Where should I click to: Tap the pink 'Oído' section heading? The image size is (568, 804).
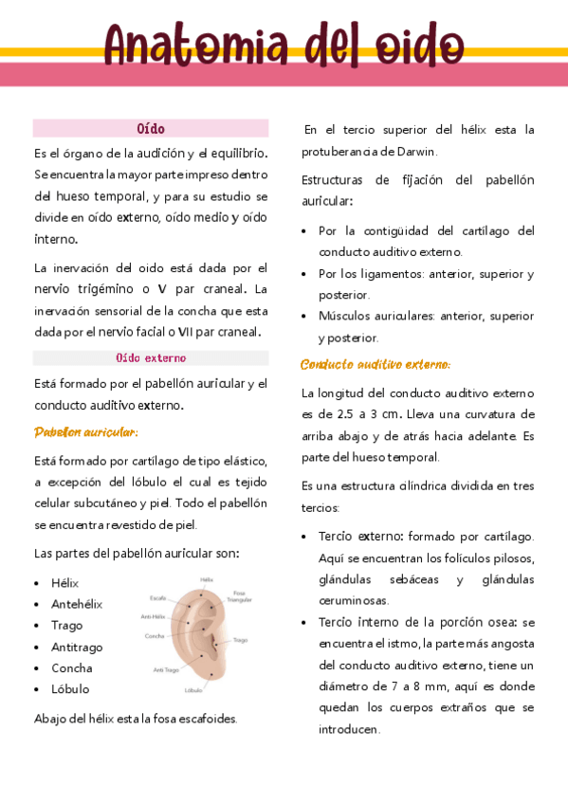(151, 128)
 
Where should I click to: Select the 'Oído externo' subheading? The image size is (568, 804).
(151, 358)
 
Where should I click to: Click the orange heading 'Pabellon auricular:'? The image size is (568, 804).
(86, 432)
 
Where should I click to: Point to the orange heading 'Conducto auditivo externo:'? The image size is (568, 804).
(376, 364)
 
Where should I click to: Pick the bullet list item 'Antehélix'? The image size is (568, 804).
(78, 604)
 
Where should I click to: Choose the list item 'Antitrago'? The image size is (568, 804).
(78, 647)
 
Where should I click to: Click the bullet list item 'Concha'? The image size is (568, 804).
(72, 667)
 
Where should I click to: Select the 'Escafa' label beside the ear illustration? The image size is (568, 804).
(158, 598)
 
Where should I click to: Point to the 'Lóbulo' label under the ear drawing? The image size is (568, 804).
(194, 690)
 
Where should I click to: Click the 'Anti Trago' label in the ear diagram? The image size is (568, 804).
(166, 669)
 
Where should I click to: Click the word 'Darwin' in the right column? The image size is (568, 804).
(417, 152)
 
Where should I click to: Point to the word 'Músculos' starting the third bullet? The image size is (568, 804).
(345, 316)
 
